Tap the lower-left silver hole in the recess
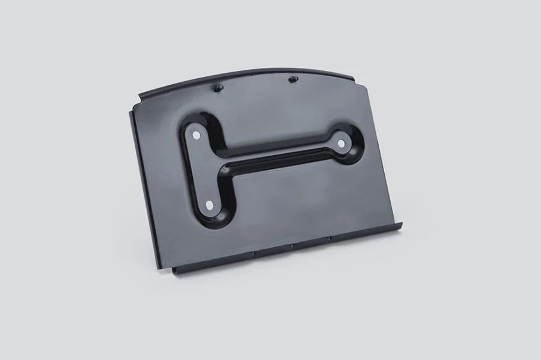point(210,205)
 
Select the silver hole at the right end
point(341,143)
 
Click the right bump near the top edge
point(293,78)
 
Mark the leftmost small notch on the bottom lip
point(253,253)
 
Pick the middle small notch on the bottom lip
point(290,246)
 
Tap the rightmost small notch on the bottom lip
point(328,239)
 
